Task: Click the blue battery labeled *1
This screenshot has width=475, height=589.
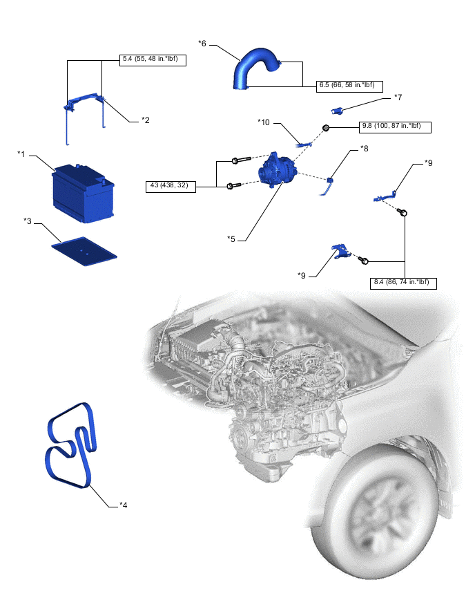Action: [83, 193]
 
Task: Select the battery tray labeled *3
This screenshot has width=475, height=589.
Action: [84, 250]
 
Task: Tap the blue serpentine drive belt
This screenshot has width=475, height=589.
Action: [71, 446]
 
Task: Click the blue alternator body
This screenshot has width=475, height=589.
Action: [278, 171]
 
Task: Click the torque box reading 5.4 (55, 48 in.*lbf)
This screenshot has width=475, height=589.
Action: [153, 60]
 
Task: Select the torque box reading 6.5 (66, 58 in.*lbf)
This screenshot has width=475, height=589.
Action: [349, 86]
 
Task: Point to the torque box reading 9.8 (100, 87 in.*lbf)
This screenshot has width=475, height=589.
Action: [395, 127]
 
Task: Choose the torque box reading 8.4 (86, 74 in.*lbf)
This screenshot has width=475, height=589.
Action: [403, 283]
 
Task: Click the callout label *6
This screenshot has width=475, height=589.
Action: [202, 44]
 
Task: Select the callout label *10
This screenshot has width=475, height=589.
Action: [263, 122]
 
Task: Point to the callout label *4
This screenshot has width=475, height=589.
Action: [123, 505]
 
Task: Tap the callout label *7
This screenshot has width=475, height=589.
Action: [398, 97]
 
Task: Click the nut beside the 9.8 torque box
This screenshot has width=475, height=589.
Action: [326, 128]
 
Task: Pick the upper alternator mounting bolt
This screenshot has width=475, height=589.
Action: [241, 160]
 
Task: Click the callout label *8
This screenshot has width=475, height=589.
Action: [365, 149]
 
